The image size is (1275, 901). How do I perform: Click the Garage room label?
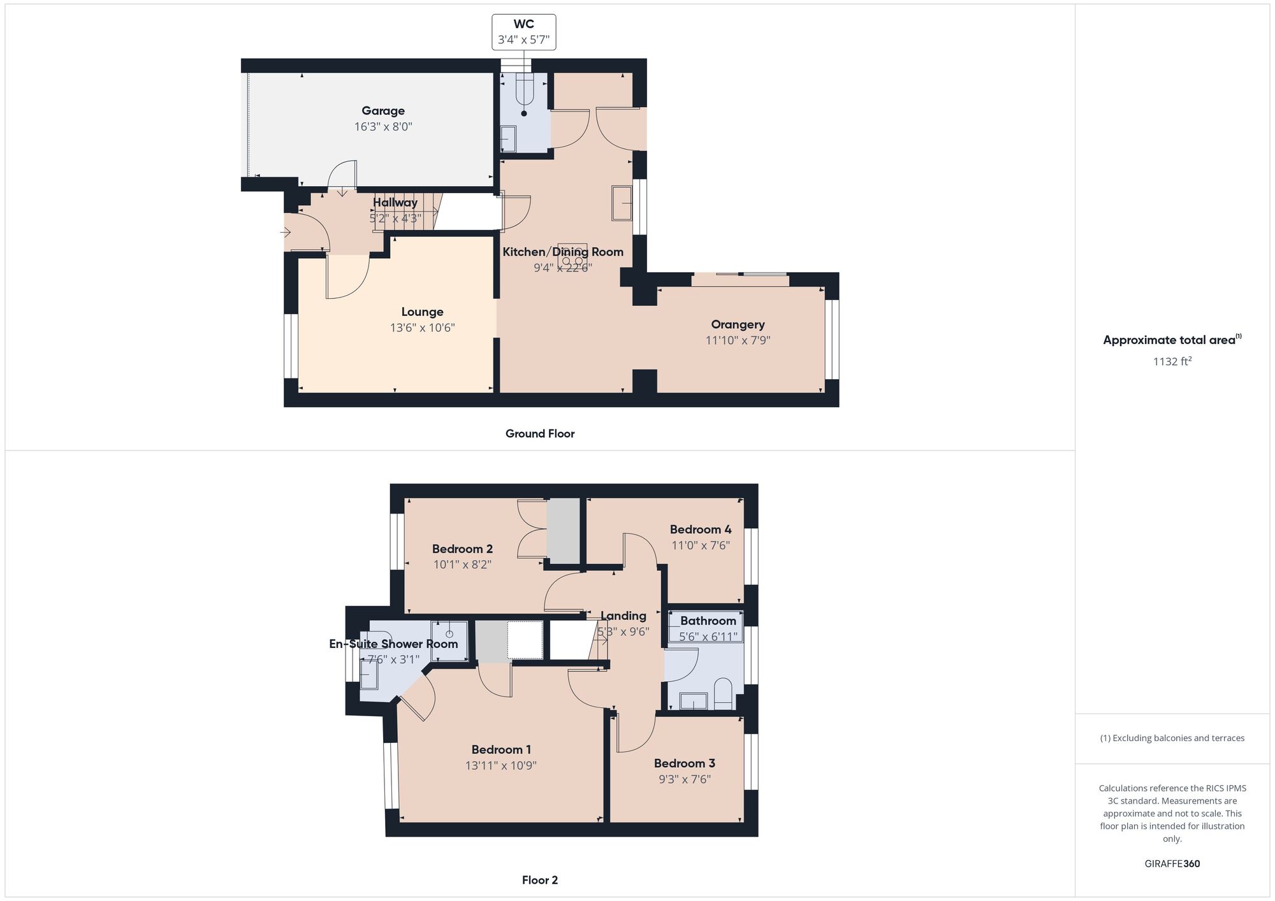[383, 111]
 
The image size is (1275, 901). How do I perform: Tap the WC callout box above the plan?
[523, 32]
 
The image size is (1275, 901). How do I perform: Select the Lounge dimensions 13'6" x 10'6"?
[422, 328]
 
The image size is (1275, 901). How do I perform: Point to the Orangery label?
[738, 325]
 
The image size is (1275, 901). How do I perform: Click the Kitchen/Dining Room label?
[562, 252]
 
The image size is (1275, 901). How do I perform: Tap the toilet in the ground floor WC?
[524, 89]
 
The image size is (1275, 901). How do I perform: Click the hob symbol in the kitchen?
[572, 254]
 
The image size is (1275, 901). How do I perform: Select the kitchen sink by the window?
[621, 203]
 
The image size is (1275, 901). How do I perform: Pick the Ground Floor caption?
[540, 434]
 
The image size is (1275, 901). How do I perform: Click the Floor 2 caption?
[539, 880]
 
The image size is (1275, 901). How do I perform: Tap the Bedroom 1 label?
[501, 750]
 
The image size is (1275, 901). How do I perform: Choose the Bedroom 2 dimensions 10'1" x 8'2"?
[462, 565]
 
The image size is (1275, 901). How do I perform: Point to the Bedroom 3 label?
[684, 763]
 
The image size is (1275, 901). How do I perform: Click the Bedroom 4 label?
[701, 530]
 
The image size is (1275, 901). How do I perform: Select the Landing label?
[623, 616]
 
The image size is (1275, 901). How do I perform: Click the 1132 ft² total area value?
[1172, 362]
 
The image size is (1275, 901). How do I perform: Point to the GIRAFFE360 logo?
[1172, 864]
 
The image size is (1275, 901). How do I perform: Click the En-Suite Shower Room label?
[393, 644]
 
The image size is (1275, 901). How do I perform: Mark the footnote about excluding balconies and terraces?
[1172, 739]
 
